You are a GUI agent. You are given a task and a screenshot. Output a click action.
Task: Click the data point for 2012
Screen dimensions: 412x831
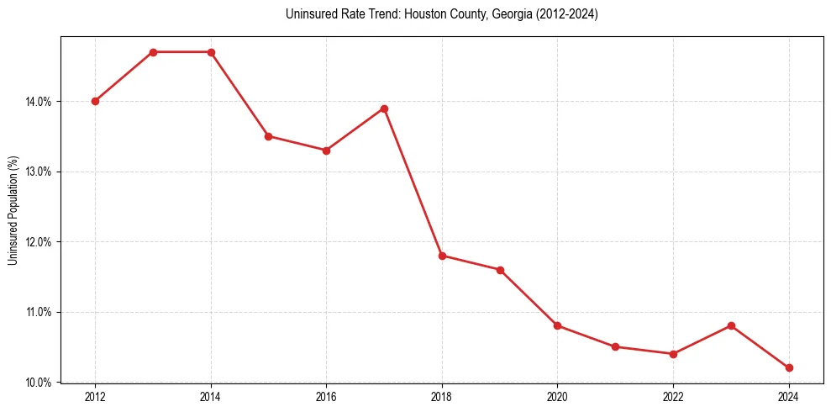(x=95, y=101)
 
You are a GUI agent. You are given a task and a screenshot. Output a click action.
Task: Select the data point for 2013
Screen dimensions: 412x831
(x=153, y=52)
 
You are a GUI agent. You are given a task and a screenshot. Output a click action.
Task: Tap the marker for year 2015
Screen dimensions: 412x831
(x=268, y=136)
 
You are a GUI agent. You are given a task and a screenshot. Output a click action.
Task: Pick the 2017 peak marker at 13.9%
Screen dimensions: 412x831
(x=384, y=108)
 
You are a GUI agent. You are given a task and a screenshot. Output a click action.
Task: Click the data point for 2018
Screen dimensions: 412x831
(x=442, y=256)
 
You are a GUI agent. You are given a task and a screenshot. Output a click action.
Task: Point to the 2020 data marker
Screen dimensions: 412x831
(x=557, y=325)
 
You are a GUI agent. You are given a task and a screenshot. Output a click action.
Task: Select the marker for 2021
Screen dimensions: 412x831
(x=615, y=346)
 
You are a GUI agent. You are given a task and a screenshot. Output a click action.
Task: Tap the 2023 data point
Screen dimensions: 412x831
(x=731, y=325)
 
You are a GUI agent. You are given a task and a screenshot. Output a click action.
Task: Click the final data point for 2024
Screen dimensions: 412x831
(x=789, y=367)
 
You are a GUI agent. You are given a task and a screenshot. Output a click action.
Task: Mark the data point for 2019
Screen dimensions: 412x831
(x=500, y=270)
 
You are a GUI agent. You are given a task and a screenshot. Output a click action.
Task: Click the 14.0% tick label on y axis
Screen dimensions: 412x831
(x=39, y=102)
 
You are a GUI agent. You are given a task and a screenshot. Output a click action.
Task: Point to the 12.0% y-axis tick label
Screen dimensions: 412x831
(x=39, y=242)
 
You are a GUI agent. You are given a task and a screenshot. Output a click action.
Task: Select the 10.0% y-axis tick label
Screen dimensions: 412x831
(x=39, y=383)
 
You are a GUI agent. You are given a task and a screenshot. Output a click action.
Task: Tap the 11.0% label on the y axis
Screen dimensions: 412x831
(x=39, y=312)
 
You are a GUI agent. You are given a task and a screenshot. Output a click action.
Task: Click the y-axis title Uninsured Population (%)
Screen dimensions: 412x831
(x=13, y=210)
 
